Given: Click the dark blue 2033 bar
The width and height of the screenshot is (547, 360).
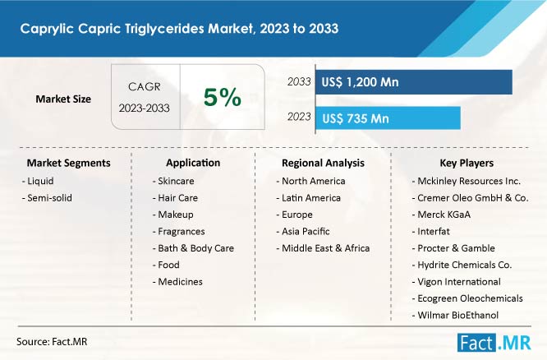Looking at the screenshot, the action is coord(414,82).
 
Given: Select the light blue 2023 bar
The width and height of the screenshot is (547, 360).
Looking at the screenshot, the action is coord(388,118).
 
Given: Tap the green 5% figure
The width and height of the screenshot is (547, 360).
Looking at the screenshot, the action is coord(223,97).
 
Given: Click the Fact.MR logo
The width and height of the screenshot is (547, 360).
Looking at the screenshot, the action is coord(494,343).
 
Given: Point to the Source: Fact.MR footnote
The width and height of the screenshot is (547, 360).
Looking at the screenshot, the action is coord(52,341).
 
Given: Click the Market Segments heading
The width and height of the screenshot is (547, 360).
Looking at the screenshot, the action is coord(69,163).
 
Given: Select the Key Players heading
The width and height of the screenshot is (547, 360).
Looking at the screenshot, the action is coord(467,163).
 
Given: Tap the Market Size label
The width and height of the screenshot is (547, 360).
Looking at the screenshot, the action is coord(63,99).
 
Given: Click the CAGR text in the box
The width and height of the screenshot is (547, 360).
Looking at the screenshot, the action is coord(145,86).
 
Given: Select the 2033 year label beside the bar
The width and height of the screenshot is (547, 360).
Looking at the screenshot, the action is coord(299,81).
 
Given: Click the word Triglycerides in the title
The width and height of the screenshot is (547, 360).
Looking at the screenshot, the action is coord(164,29).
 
